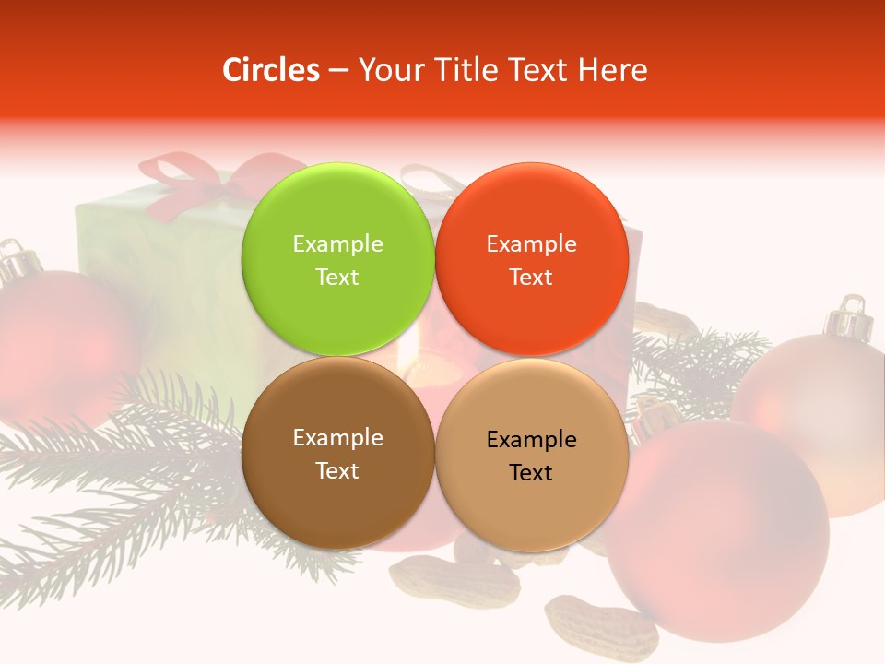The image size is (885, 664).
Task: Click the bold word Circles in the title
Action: tap(270, 70)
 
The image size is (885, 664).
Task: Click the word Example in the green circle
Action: tap(337, 243)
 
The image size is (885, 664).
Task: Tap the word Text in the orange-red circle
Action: tap(531, 277)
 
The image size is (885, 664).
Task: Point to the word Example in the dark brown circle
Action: tap(337, 437)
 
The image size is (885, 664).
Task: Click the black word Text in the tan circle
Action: tap(531, 472)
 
